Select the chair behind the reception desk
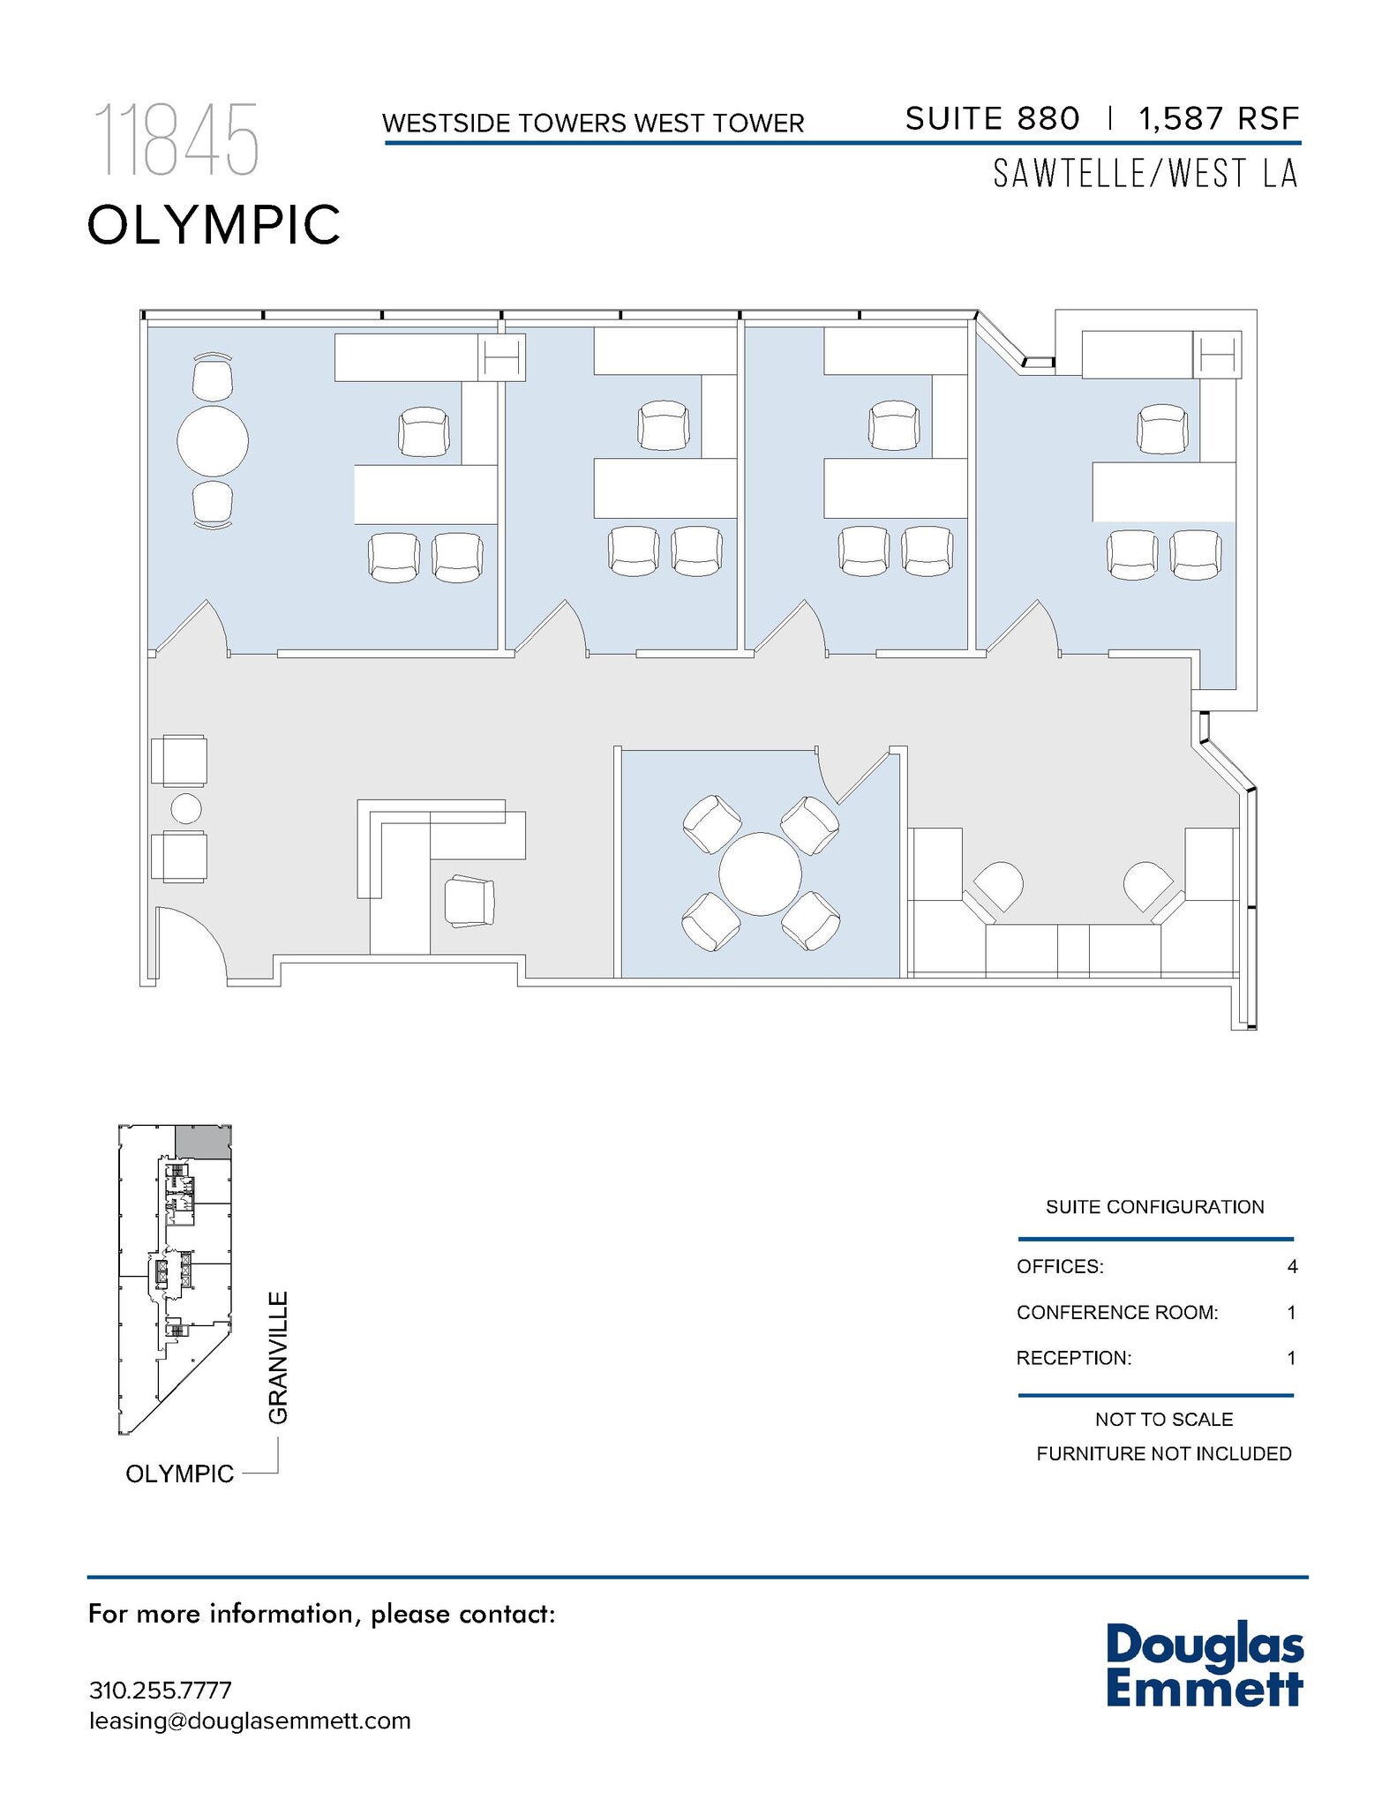pos(469,901)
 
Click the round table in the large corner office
pos(213,440)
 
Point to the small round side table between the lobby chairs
pos(185,808)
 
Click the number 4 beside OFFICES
pos(1292,1267)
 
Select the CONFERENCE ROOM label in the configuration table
pos(1116,1313)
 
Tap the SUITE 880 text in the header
pos(992,119)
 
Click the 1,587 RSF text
pos(1219,119)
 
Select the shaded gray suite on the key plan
pos(202,1142)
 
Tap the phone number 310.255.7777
pos(160,1691)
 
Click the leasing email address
pos(250,1721)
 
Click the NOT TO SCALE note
pos(1163,1420)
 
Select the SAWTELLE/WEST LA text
pos(1145,174)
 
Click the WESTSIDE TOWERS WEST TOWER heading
pos(593,124)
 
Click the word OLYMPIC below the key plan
pos(180,1473)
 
